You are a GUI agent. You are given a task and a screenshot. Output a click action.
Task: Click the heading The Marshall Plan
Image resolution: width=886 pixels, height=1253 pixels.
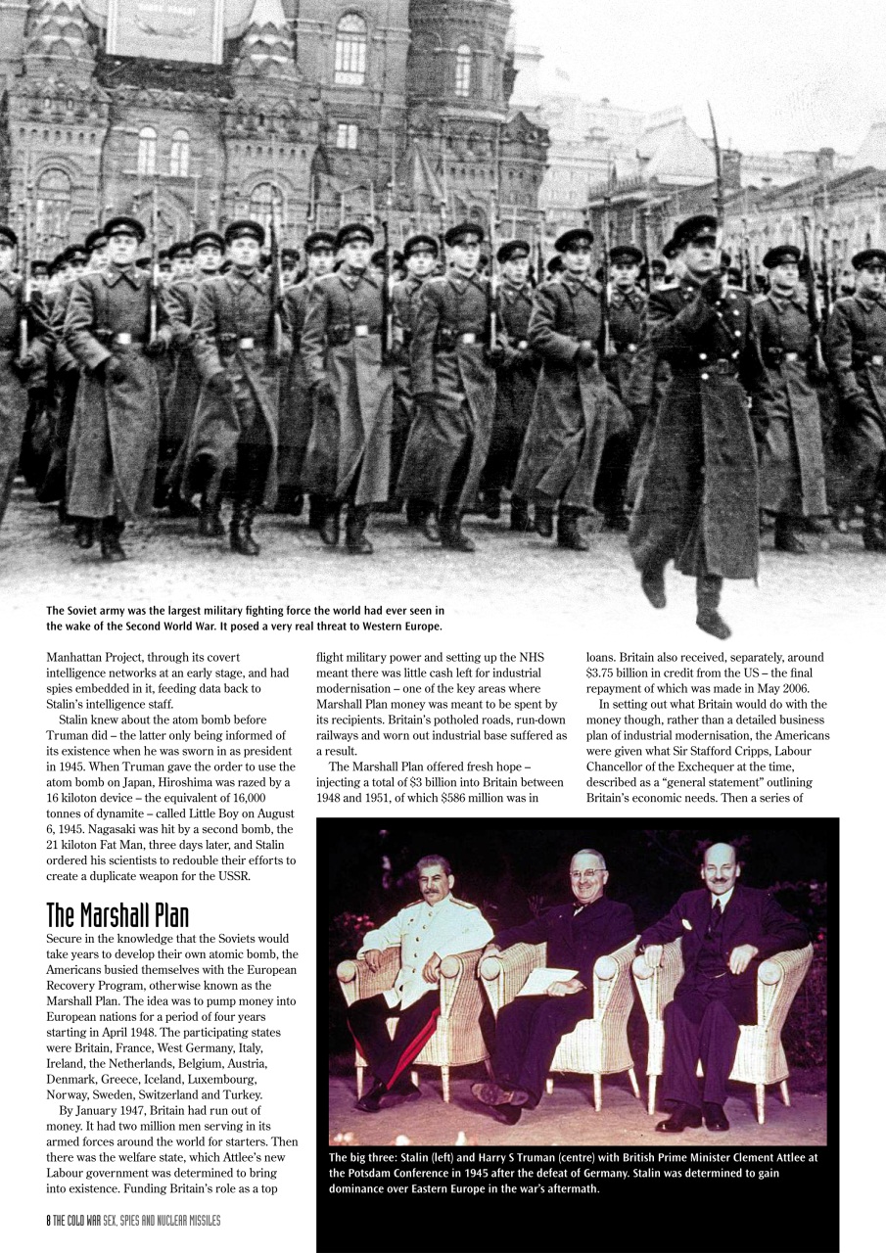click(117, 915)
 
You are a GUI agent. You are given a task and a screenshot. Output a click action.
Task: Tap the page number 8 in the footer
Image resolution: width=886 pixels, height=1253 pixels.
click(50, 1220)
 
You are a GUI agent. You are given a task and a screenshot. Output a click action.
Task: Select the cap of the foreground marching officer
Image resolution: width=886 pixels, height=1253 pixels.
click(693, 231)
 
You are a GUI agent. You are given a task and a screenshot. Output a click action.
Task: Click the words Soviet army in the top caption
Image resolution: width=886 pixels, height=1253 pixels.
click(102, 610)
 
